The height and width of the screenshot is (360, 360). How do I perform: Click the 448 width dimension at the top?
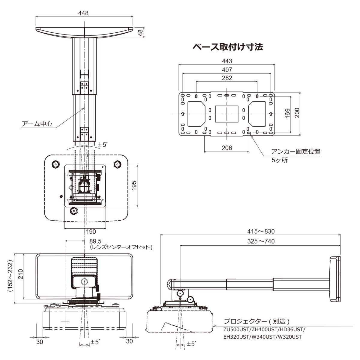84,13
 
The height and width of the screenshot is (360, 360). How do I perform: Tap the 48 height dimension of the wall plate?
140,32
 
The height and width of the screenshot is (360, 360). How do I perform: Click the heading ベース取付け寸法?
228,47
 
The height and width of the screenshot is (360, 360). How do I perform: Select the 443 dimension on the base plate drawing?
227,61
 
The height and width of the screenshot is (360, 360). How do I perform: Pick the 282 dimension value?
227,78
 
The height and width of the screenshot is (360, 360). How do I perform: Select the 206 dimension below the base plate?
227,148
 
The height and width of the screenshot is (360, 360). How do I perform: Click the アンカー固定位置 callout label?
295,151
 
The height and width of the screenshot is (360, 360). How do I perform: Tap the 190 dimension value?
91,232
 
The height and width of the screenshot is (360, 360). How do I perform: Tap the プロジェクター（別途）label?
257,322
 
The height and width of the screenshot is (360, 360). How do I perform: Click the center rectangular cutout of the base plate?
227,114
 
